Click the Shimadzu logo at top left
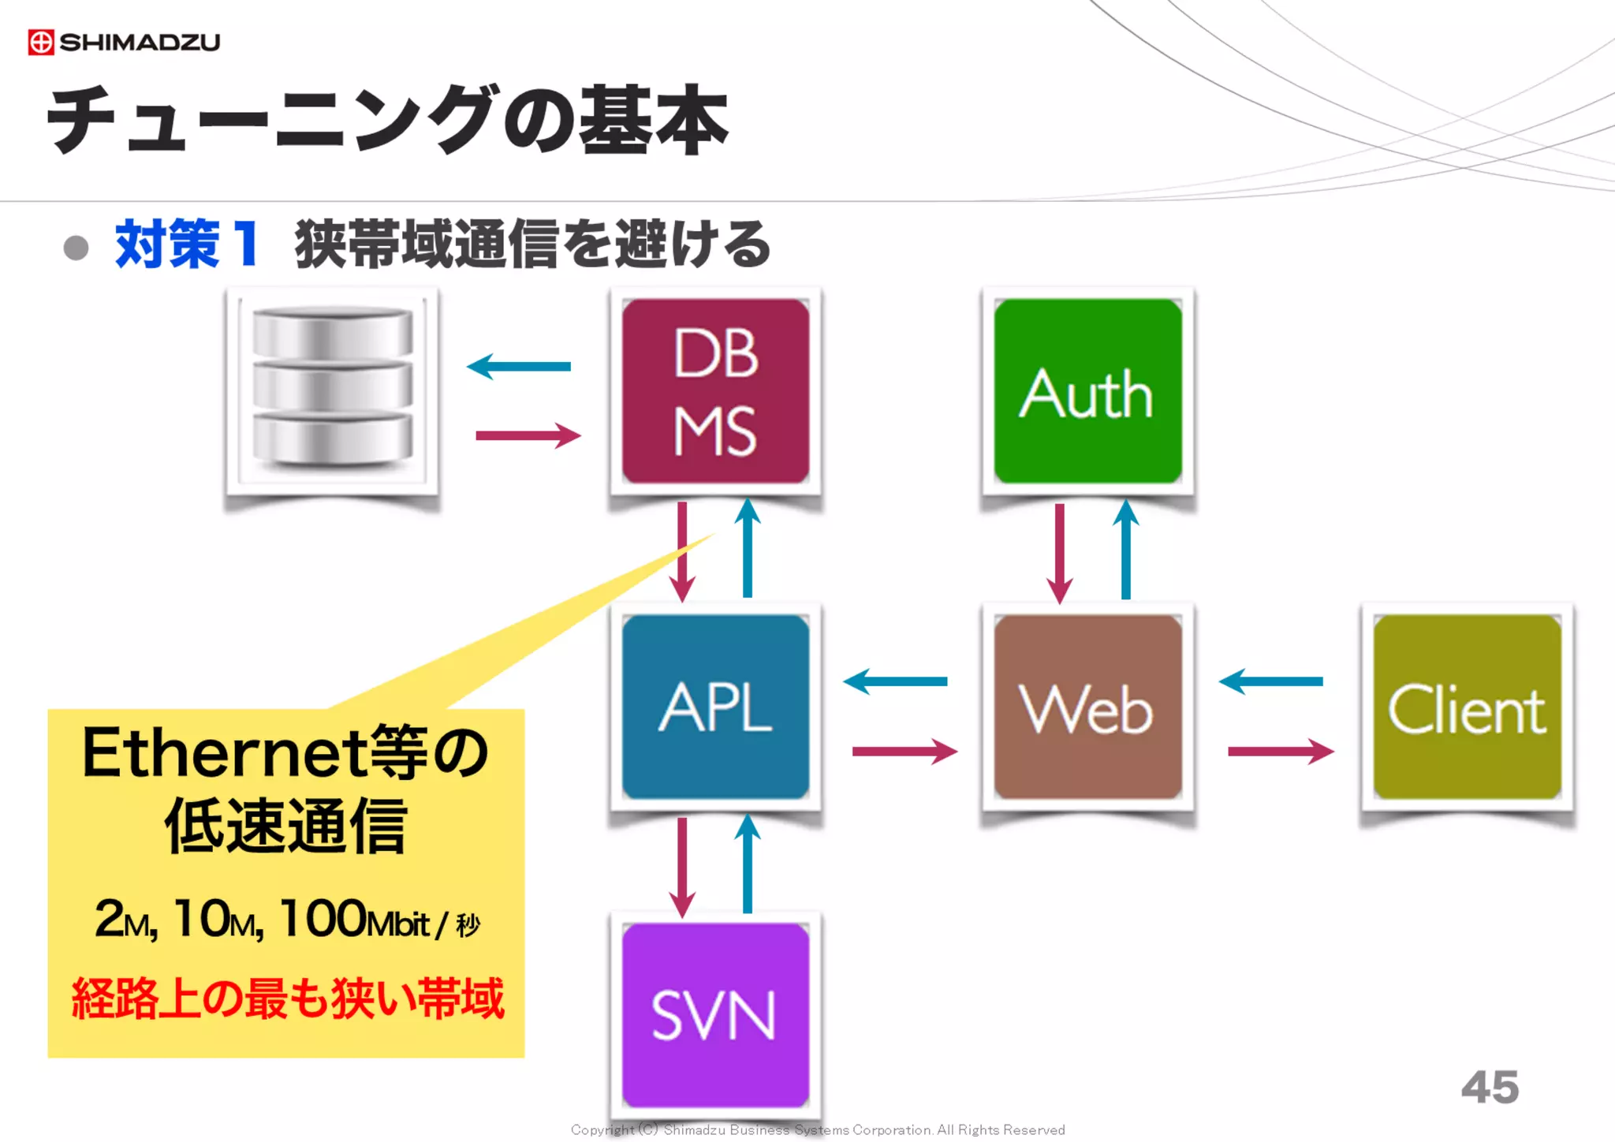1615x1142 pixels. click(x=124, y=42)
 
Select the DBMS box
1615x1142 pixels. click(x=715, y=391)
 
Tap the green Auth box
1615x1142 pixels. click(x=1087, y=391)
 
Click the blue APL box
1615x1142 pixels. click(x=715, y=707)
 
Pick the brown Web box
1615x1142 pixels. click(x=1087, y=707)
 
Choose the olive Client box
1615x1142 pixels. click(x=1467, y=707)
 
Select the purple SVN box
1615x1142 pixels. click(x=715, y=1015)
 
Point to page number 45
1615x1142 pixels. click(x=1490, y=1088)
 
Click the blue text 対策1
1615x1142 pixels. click(x=187, y=244)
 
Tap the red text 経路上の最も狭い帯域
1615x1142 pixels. click(x=287, y=998)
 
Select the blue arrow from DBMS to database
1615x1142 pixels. click(x=519, y=366)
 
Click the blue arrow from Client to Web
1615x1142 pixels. click(x=1271, y=681)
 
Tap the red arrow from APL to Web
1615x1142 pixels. click(x=904, y=751)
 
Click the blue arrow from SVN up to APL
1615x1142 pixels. click(x=748, y=864)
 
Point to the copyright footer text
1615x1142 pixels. click(x=818, y=1130)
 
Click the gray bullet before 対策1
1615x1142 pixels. click(x=76, y=248)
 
